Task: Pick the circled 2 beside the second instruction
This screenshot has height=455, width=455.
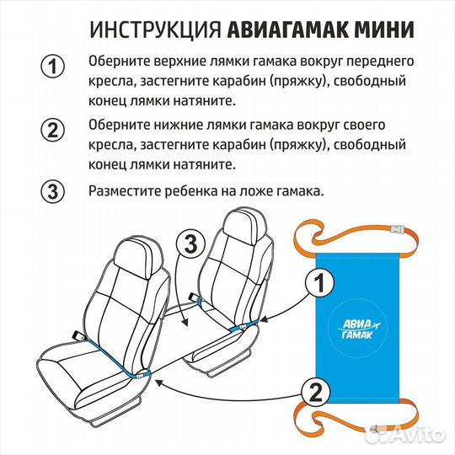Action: pyautogui.click(x=53, y=131)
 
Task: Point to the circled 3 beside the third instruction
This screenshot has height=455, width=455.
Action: pyautogui.click(x=53, y=191)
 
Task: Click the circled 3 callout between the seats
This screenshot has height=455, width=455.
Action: pyautogui.click(x=191, y=245)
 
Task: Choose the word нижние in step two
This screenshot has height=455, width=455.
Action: pyautogui.click(x=182, y=125)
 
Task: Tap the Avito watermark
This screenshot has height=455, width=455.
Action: pyautogui.click(x=417, y=434)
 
